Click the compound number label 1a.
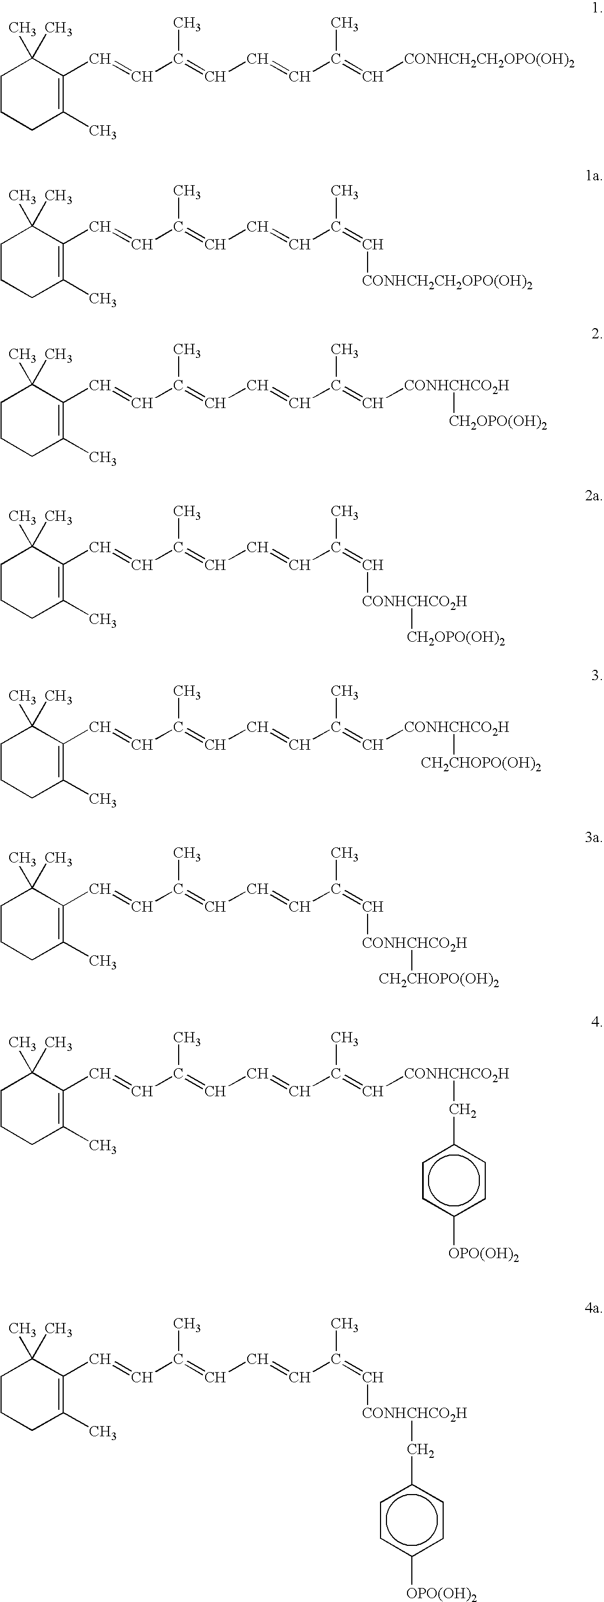point(593,177)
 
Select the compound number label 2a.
point(593,495)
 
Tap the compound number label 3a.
point(593,838)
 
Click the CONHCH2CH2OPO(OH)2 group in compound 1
point(489,61)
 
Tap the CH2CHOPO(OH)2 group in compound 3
point(481,764)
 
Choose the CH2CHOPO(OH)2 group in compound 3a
point(439,980)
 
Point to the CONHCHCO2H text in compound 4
point(457,1074)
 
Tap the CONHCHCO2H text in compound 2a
point(415,601)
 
